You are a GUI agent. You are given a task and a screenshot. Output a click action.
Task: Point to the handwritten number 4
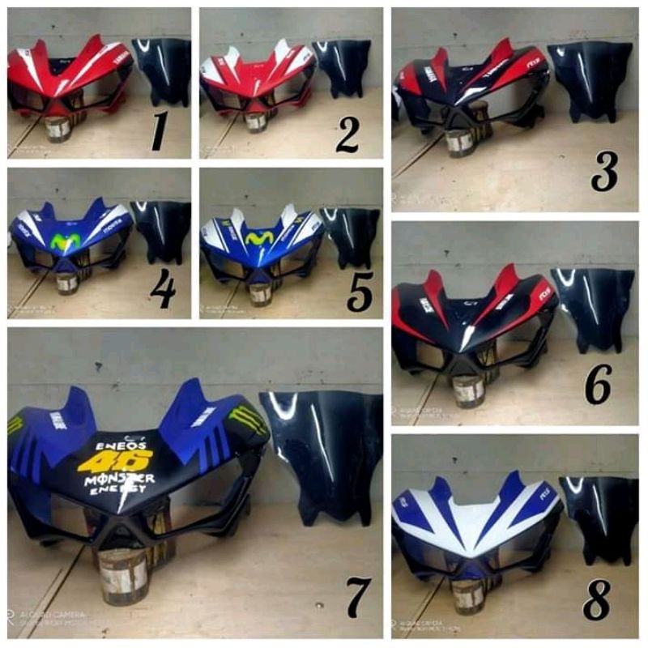click(162, 289)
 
